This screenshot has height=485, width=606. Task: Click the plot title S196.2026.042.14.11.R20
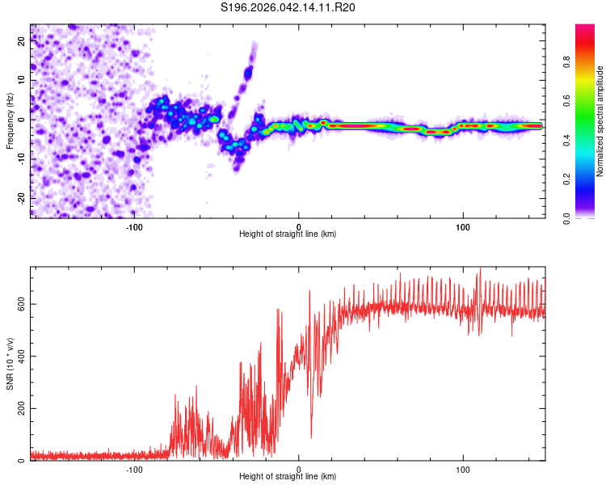tap(288, 7)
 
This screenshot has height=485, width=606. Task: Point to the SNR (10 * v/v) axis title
tap(10, 364)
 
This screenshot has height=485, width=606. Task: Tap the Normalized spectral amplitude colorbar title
tap(600, 121)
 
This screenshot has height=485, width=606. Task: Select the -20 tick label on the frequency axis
tap(20, 197)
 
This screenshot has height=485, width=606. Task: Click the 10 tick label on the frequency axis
tap(22, 81)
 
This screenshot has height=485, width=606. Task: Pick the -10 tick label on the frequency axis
tap(20, 158)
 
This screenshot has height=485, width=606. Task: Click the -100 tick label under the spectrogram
tap(134, 226)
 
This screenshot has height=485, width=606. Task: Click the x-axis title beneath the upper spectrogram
tap(288, 234)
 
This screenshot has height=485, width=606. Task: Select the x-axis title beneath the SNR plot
tap(288, 477)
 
